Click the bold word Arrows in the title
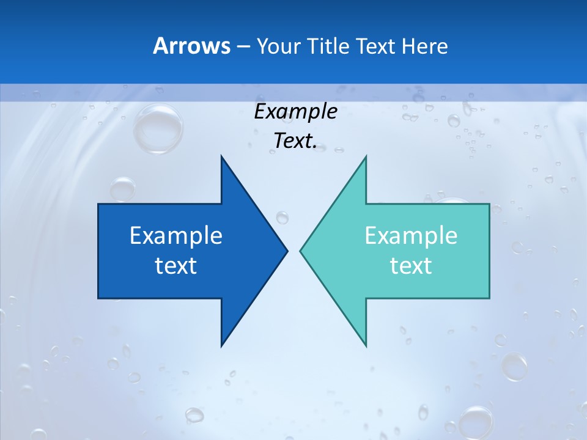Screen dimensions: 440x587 pos(191,46)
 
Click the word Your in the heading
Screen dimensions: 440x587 pos(277,46)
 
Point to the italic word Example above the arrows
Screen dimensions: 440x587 pos(295,112)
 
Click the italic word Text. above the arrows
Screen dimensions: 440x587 pos(295,141)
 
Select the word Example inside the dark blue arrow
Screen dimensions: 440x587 pos(176,236)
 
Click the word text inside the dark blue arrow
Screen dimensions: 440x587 pos(176,266)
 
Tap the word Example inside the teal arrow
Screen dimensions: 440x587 pos(411,236)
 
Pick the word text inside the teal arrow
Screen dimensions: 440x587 pos(411,266)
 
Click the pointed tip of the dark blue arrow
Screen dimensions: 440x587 pos(287,251)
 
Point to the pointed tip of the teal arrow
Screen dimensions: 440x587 pos(300,251)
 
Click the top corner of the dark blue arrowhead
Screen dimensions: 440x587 pos(221,156)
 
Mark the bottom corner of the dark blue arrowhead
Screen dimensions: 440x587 pos(221,346)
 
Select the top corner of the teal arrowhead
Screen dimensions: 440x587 pos(366,156)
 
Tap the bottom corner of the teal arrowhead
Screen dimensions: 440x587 pos(366,346)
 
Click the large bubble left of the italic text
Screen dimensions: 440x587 pos(158,129)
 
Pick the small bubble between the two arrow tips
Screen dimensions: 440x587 pos(282,217)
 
